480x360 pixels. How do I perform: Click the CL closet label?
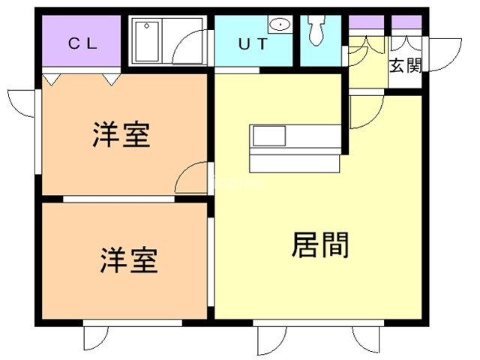coord(82,43)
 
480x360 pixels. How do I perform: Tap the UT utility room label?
coord(252,43)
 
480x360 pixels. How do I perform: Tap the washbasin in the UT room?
coord(280,25)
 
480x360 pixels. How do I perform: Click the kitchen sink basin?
coord(268,136)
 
